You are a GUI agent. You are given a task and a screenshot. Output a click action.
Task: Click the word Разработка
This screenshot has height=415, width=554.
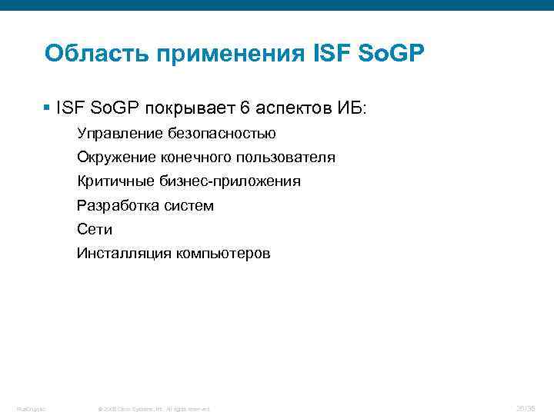(115, 205)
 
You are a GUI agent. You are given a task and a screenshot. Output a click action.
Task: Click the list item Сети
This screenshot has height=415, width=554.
(95, 229)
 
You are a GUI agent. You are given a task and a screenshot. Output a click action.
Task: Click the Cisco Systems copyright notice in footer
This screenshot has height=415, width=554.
(155, 408)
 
